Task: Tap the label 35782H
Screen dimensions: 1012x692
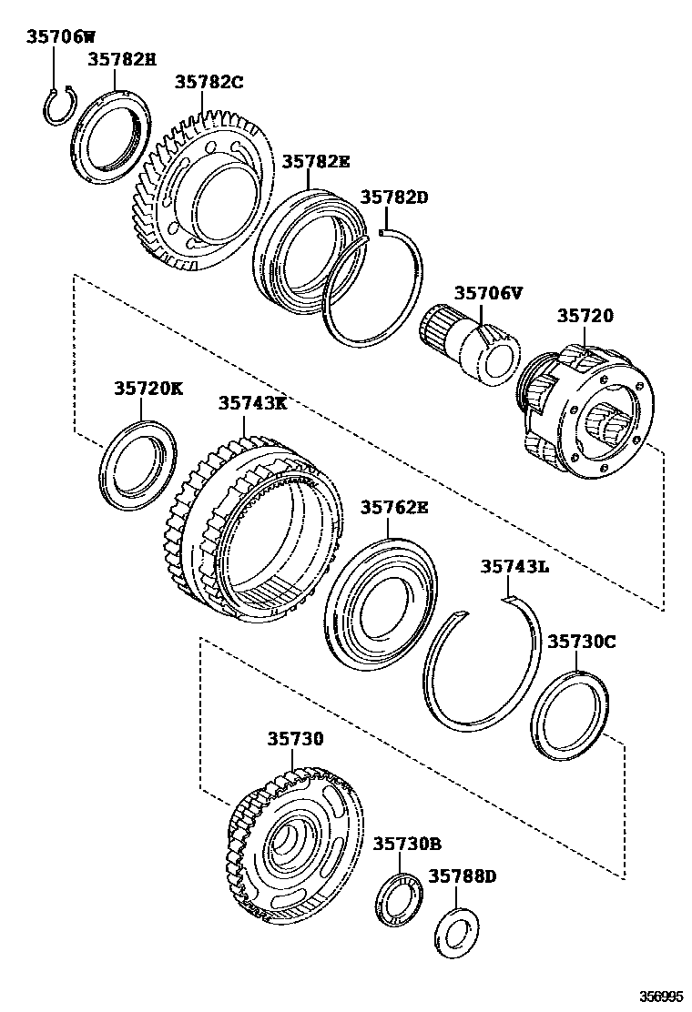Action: [x=121, y=60]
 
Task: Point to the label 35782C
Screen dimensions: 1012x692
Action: [x=209, y=82]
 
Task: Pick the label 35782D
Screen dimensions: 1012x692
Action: [x=393, y=197]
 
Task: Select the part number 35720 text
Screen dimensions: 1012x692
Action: [x=585, y=316]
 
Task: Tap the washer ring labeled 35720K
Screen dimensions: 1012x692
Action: [x=137, y=463]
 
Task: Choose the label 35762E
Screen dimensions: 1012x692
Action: [x=393, y=507]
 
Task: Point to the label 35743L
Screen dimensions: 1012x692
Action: [x=514, y=566]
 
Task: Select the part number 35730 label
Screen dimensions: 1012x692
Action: [x=295, y=740]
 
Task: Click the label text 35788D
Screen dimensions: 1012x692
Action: [x=463, y=876]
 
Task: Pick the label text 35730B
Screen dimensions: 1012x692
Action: [x=406, y=844]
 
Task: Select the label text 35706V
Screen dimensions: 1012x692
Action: [x=489, y=293]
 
